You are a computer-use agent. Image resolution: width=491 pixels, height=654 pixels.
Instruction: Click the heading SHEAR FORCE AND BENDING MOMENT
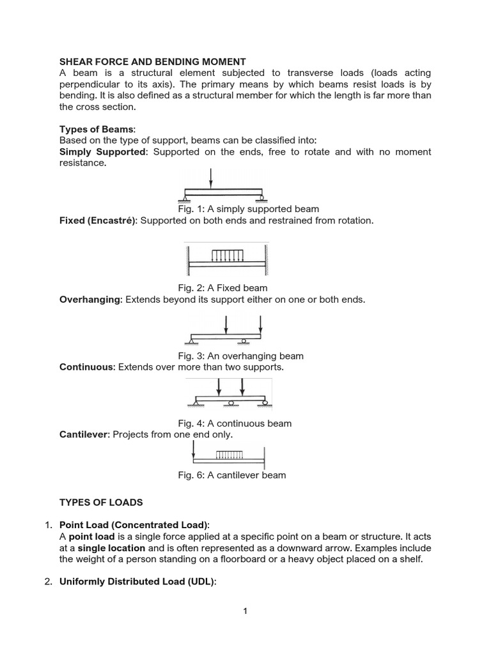[x=153, y=62]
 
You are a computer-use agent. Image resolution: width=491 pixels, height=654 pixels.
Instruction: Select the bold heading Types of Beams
[x=97, y=129]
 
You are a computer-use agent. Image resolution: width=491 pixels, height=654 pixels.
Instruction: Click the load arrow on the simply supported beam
[x=211, y=178]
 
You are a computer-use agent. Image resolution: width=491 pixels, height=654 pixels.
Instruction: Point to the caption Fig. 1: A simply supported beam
[x=248, y=209]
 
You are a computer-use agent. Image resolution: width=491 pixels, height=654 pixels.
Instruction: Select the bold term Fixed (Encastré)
[x=97, y=220]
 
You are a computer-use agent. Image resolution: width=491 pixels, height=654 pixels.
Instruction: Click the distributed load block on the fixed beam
[x=227, y=255]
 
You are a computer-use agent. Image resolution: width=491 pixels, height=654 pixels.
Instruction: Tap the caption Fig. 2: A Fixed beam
[x=222, y=287]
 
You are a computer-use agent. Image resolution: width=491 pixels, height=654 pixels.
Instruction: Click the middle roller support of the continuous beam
[x=231, y=403]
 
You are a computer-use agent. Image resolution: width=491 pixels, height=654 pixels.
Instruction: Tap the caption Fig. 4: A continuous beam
[x=234, y=423]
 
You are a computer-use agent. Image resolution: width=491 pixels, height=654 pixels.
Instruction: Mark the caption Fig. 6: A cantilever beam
[x=231, y=475]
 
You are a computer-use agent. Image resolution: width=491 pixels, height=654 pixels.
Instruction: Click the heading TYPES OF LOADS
[x=101, y=503]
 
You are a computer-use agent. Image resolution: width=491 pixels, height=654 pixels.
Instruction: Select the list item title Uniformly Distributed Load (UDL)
[x=138, y=581]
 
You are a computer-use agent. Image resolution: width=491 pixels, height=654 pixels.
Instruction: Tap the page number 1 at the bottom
[x=245, y=611]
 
